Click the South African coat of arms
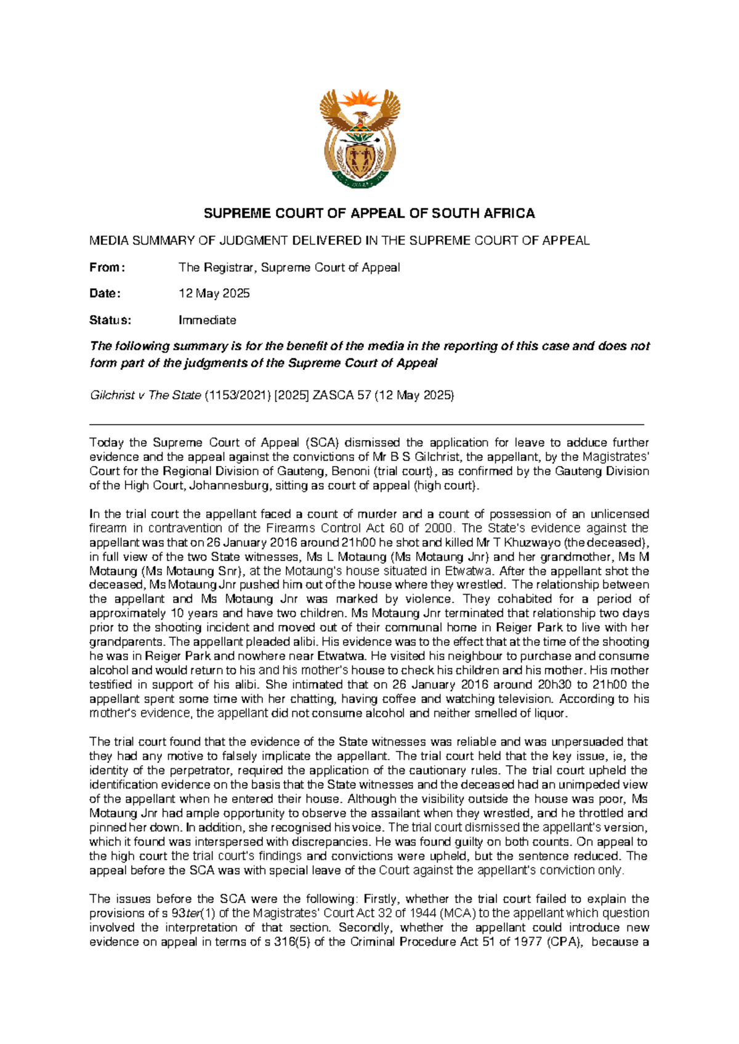point(360,139)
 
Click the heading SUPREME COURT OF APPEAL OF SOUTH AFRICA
point(369,214)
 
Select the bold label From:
point(107,267)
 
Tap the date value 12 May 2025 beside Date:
point(214,294)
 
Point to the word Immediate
point(208,320)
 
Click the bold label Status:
point(110,320)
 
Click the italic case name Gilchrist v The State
point(145,395)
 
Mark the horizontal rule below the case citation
point(366,424)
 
